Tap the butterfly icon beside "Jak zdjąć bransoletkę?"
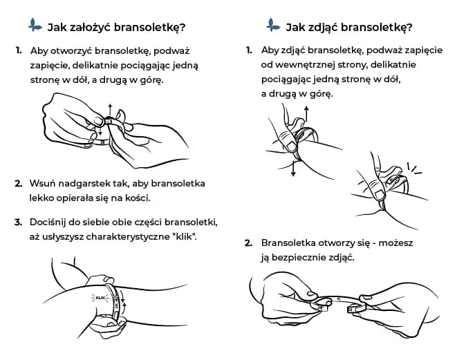point(273,26)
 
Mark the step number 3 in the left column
point(18,222)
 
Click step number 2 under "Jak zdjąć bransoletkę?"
point(248,243)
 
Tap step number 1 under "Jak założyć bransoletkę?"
point(18,51)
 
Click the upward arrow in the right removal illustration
point(306,114)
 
